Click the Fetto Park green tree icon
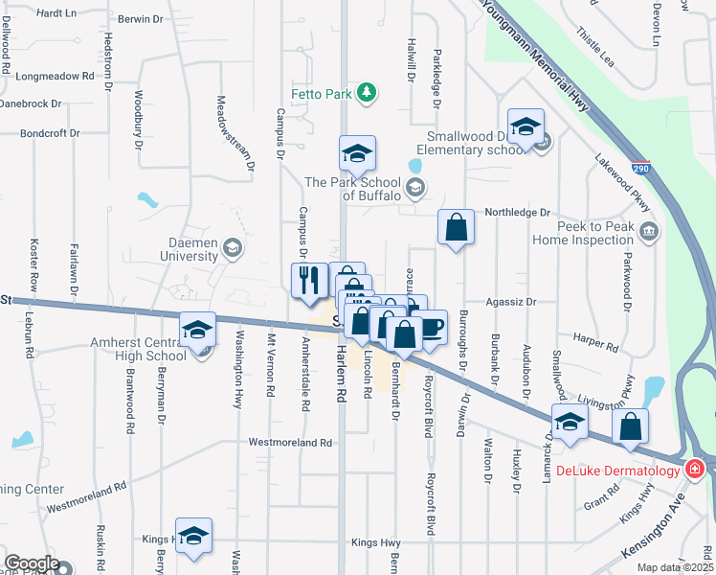(365, 93)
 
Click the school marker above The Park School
(356, 152)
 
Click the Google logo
(32, 563)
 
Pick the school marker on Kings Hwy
(194, 537)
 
